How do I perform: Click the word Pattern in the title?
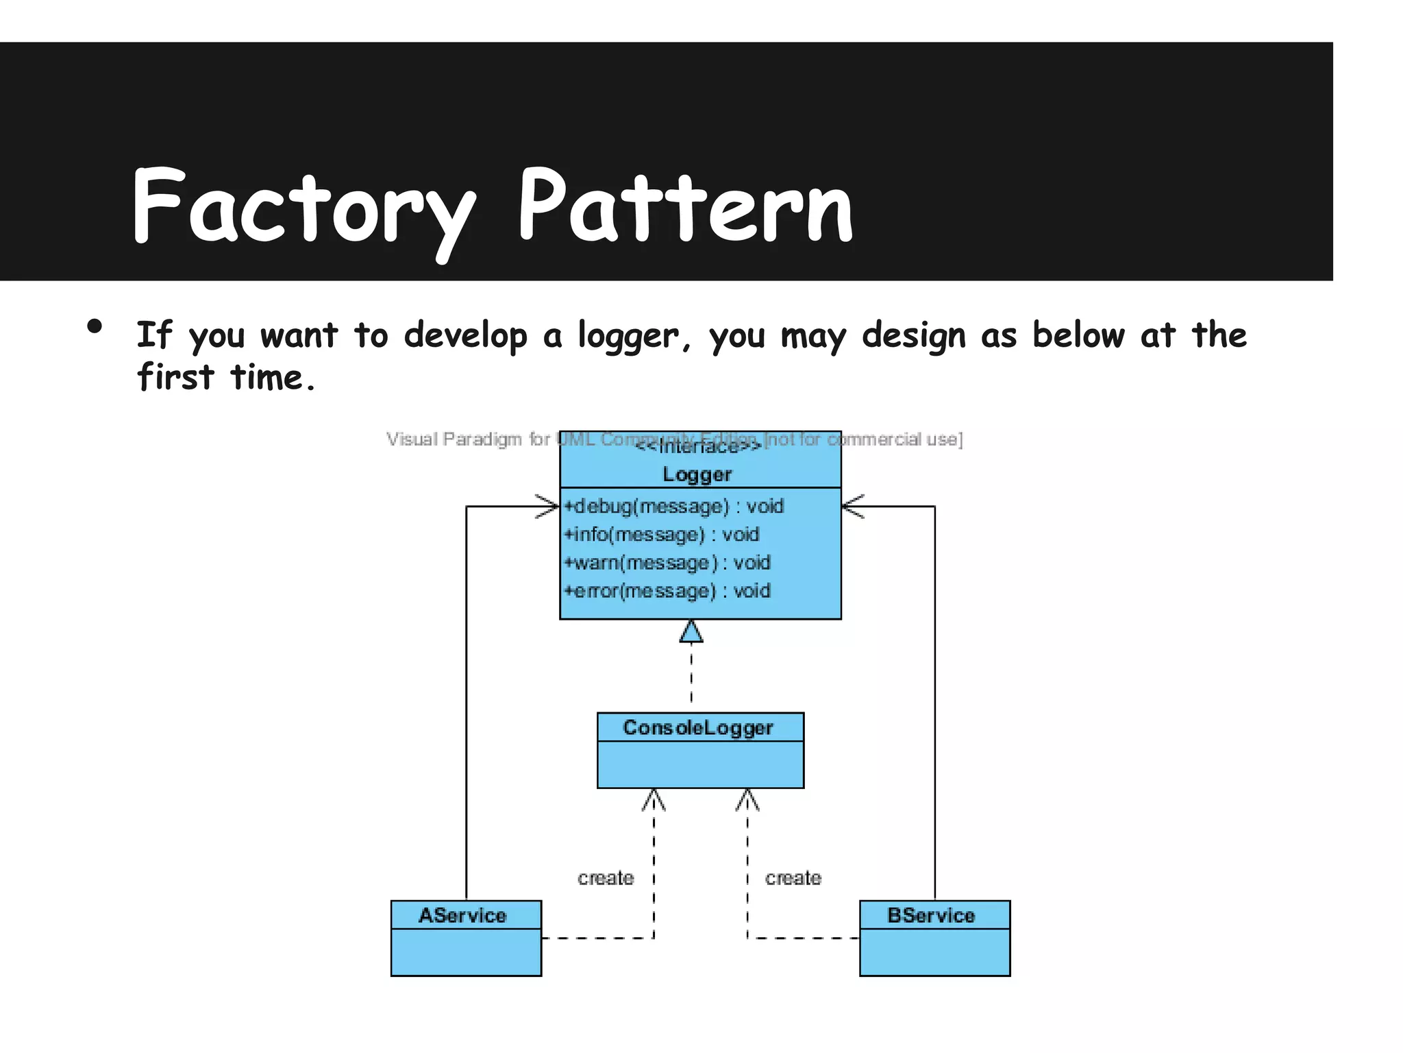point(685,206)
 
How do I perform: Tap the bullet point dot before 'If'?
point(95,326)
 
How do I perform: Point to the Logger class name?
point(697,474)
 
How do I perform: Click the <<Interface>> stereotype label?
point(697,448)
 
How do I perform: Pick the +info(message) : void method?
point(662,535)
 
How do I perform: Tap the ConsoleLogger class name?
point(698,727)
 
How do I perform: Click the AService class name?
point(463,915)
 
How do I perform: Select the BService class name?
point(931,915)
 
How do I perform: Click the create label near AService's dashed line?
point(606,878)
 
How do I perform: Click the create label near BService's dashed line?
point(793,878)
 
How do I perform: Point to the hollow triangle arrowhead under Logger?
point(691,632)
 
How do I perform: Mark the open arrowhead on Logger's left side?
point(549,507)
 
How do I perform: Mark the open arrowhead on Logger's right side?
point(852,507)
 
